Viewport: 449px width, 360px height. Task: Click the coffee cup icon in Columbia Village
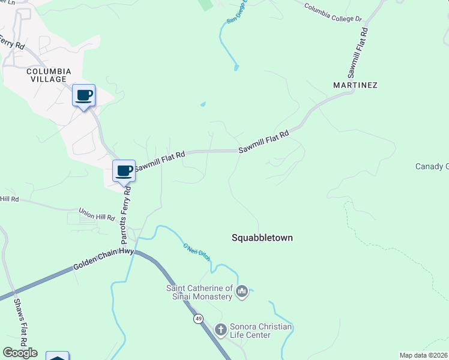coord(84,95)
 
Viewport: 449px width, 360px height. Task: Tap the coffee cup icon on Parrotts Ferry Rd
coord(124,171)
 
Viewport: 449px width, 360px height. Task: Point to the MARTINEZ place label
coord(355,85)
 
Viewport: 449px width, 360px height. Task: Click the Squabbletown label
coord(262,238)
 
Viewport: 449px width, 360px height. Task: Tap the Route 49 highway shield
coord(198,319)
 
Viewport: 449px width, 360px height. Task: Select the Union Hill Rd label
coord(97,214)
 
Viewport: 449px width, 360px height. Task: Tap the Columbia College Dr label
coord(333,13)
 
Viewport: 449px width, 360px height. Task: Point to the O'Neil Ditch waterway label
coord(196,251)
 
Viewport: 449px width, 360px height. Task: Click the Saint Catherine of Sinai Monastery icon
coord(242,292)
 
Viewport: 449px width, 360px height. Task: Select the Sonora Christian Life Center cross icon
coord(220,329)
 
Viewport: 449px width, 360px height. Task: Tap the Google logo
coord(20,353)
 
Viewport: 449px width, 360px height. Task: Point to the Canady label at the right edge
coord(432,166)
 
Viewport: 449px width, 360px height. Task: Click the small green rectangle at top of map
coord(206,5)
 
